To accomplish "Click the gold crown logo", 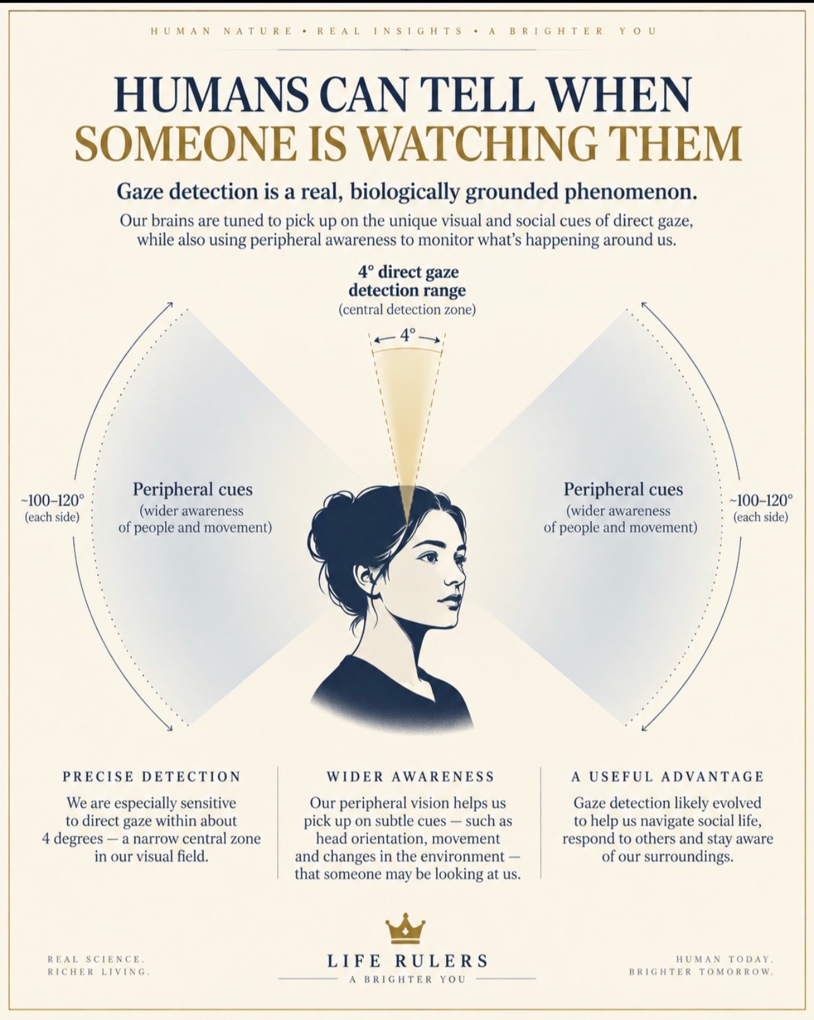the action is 405,928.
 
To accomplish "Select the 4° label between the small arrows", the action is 407,335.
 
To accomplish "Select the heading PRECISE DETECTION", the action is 151,776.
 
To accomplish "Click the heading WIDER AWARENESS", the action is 410,776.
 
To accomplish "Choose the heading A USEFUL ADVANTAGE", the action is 668,776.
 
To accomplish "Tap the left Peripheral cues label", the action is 192,489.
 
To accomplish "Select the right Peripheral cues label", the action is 623,489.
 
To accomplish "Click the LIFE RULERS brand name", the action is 408,961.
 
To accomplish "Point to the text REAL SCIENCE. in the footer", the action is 96,959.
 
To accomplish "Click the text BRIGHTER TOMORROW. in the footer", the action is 701,971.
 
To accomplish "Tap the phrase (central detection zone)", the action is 407,310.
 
